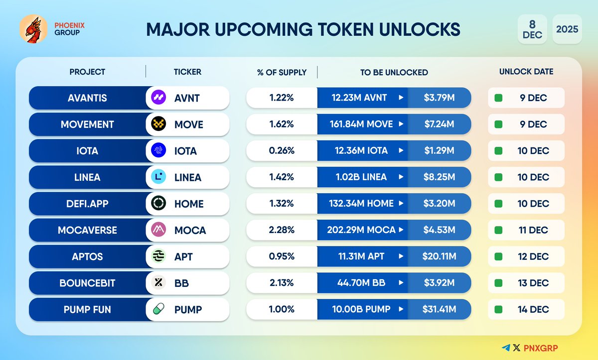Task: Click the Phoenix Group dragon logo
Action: [x=33, y=28]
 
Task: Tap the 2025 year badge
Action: [x=567, y=29]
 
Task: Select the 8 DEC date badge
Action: [x=532, y=29]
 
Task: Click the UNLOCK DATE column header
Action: [x=526, y=72]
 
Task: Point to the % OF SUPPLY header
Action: [x=282, y=72]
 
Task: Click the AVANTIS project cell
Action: [x=87, y=98]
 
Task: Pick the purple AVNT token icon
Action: [x=158, y=98]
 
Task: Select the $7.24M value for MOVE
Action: [x=439, y=124]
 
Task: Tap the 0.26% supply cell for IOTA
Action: [x=282, y=151]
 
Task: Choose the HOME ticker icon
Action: [x=158, y=204]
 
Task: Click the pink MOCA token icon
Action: [x=158, y=230]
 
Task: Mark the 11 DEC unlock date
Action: [x=532, y=230]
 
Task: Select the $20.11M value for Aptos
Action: [x=439, y=256]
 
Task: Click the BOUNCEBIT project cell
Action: [x=87, y=283]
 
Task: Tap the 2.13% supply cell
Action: [x=282, y=283]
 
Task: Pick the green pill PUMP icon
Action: [x=158, y=310]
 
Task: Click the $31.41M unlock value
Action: [x=439, y=310]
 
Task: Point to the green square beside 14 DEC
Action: [x=498, y=310]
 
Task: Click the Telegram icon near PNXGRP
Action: [x=506, y=348]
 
